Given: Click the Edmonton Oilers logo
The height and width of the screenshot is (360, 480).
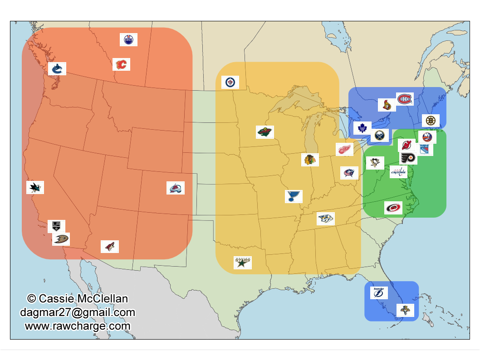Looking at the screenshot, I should tap(128, 40).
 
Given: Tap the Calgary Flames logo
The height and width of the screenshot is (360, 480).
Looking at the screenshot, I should tap(121, 64).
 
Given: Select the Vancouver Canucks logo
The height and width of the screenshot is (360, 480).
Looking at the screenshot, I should tap(57, 69).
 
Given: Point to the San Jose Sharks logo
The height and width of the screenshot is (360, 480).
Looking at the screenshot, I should tap(35, 187).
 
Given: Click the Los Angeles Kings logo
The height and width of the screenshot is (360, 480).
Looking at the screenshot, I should tap(57, 225).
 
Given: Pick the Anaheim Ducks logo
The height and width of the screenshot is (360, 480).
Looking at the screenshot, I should tap(61, 238).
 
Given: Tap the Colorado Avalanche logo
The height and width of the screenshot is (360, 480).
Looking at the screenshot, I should tap(176, 188).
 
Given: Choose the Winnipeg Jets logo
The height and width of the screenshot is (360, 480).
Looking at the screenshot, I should tap(230, 83).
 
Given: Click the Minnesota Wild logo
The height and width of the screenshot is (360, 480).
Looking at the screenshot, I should tap(265, 132).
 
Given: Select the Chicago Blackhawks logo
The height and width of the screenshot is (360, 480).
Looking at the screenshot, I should tap(310, 160).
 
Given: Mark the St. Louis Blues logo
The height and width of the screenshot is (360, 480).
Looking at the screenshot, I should tap(294, 196).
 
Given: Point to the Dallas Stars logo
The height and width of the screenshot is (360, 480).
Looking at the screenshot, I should tap(243, 262).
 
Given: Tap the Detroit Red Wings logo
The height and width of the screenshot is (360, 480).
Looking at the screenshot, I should tap(344, 150).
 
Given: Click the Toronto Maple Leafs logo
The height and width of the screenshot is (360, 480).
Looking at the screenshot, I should tap(362, 128).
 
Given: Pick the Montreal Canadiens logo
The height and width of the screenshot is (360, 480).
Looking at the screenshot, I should tap(405, 98).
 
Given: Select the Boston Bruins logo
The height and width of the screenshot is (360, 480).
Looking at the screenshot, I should tap(431, 121).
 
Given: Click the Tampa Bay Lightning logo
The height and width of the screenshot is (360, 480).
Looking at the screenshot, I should tap(379, 292).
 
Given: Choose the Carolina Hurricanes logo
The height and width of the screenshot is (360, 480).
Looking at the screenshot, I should tap(393, 208).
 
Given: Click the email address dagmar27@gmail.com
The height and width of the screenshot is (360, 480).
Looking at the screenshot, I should tap(78, 312).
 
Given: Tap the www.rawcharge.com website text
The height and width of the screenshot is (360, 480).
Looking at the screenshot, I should tap(78, 326).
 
